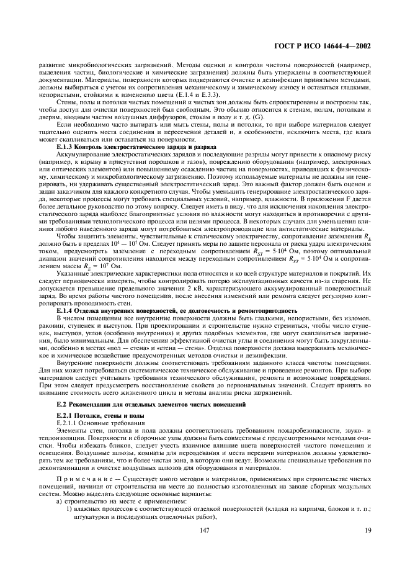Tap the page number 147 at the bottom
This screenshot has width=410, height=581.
pyautogui.click(x=205, y=547)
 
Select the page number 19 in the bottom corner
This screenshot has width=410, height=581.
pyautogui.click(x=368, y=547)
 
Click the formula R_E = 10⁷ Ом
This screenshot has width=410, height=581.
pyautogui.click(x=94, y=265)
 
